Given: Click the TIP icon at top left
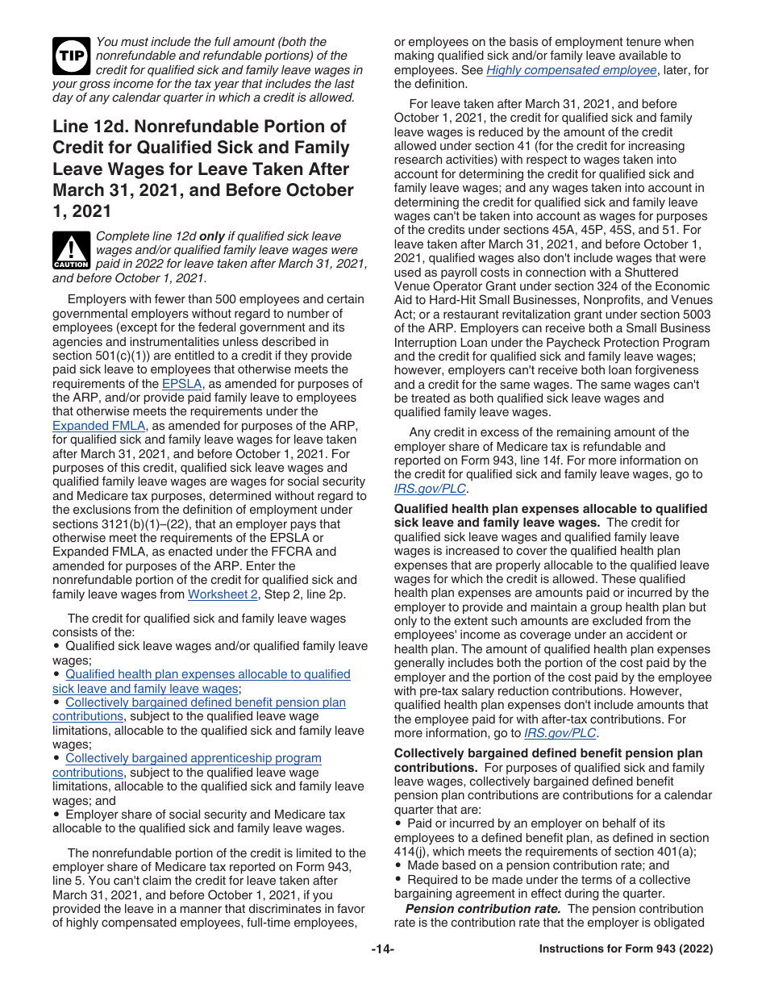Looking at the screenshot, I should click(71, 55).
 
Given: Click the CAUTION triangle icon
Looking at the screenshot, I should click(71, 249).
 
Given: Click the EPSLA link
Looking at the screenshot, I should click(181, 384).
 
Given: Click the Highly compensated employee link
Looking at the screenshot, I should click(571, 70).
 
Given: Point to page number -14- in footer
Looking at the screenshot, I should click(382, 949).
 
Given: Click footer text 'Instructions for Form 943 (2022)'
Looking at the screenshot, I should click(626, 949).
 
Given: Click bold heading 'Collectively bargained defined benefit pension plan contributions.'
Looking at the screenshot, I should click(547, 753).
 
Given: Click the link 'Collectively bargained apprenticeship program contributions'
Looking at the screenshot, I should click(193, 758).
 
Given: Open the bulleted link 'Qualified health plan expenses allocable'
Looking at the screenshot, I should click(207, 674).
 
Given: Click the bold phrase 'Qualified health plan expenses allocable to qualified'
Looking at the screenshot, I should click(550, 509).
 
